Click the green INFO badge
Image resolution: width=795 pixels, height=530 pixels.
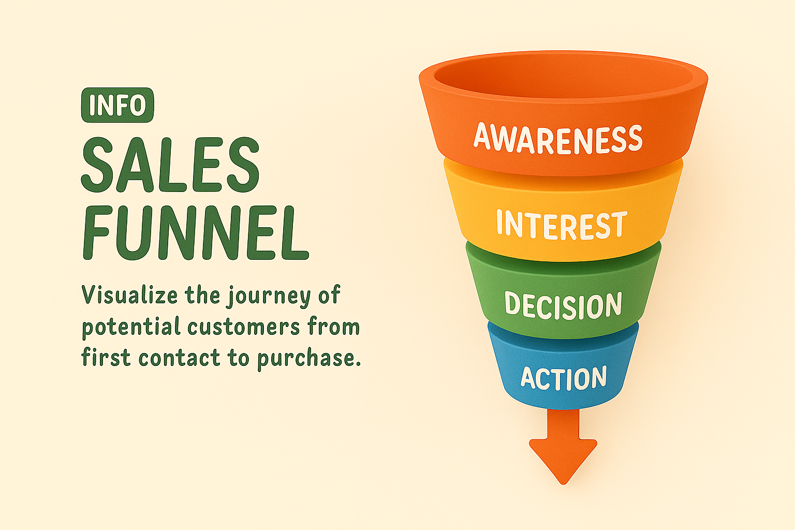point(117,105)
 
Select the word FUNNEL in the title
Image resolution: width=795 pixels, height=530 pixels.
point(196,233)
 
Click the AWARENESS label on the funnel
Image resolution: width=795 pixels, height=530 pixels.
point(558,139)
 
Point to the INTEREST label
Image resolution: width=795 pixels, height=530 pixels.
point(562,225)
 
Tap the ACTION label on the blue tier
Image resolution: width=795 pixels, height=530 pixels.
point(564,378)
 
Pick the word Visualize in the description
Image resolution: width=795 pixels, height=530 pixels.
point(130,295)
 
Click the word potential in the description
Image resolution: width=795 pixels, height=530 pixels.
point(131,327)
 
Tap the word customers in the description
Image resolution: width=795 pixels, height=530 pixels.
point(244,327)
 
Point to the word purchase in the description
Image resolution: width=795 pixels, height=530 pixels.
point(308,359)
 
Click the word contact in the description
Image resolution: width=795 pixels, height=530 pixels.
point(180,358)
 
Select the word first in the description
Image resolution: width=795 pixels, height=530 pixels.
point(106,357)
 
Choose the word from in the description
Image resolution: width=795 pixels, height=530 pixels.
point(334,326)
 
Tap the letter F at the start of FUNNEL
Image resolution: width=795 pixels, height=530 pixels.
point(96,233)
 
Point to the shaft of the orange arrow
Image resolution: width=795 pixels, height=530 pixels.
point(563,424)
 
